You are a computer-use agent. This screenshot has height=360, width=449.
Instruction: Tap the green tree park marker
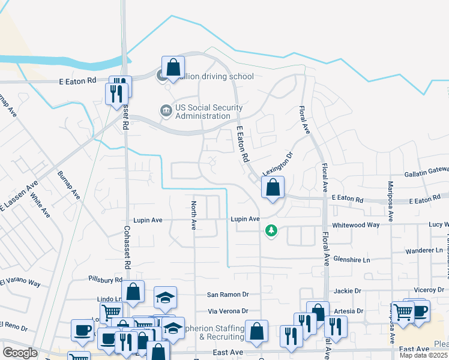[271, 230]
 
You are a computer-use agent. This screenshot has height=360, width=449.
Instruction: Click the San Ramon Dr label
[228, 295]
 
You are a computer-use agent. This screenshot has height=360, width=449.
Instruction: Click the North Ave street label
[194, 215]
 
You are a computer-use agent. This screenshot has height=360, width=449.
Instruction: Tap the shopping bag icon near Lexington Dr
[273, 188]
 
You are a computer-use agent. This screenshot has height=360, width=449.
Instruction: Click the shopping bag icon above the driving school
[173, 67]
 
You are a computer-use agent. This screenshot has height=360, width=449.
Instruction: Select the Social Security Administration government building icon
[164, 110]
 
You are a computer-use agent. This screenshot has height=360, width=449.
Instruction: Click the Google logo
[20, 353]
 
